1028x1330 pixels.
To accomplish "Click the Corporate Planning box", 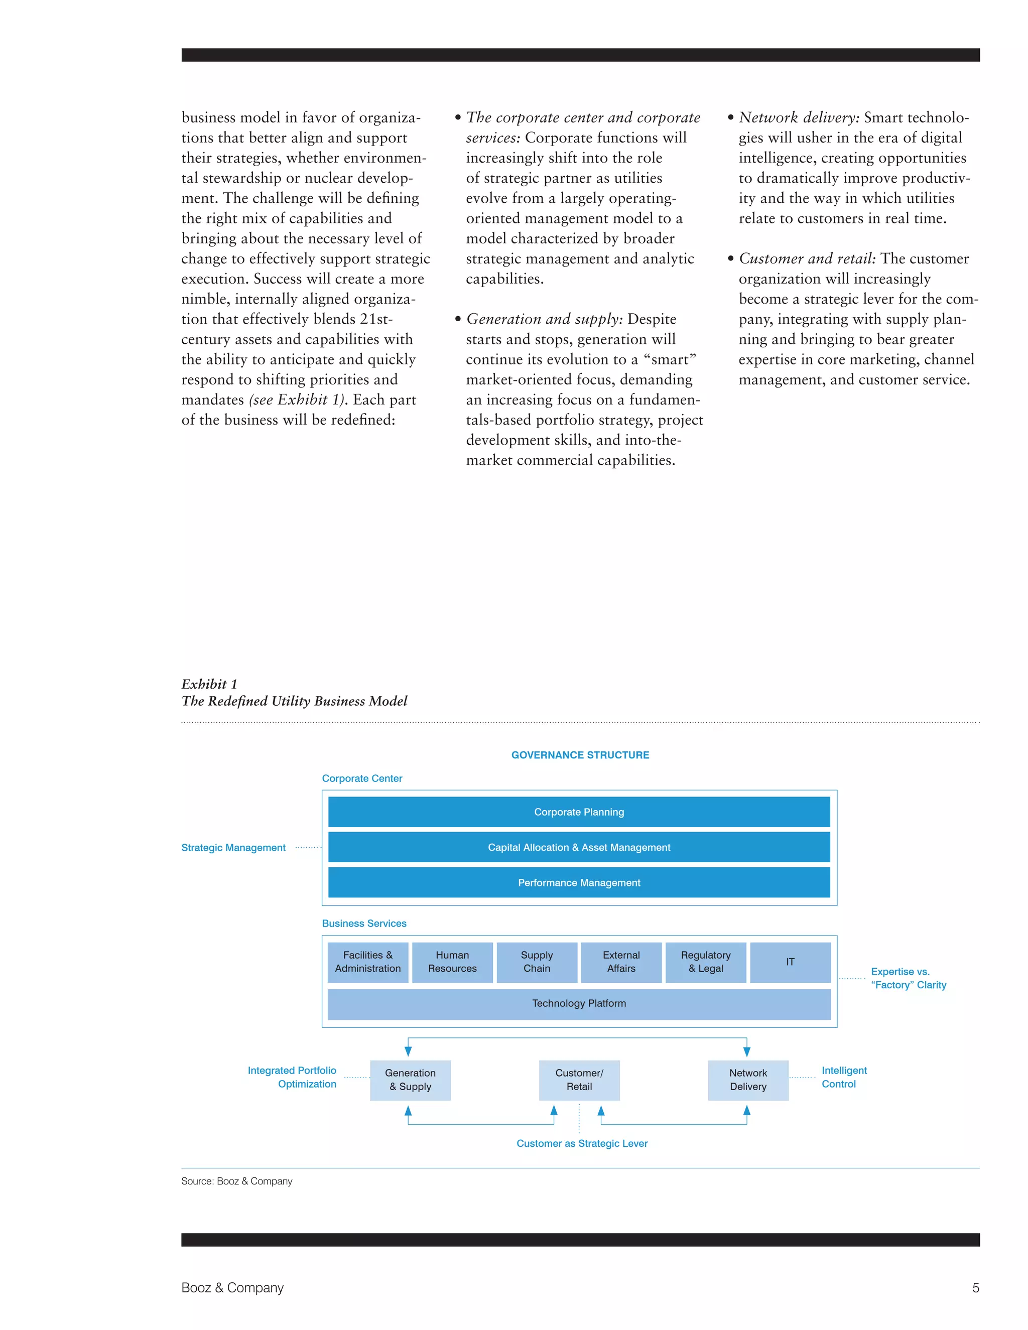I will pyautogui.click(x=579, y=812).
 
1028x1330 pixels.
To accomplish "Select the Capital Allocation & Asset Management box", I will pyautogui.click(x=579, y=847).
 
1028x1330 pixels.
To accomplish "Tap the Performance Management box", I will pyautogui.click(x=579, y=882).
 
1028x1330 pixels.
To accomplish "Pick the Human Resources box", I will pyautogui.click(x=452, y=962).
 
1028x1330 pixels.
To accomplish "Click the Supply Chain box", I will pyautogui.click(x=537, y=962).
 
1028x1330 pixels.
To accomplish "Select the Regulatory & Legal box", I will pyautogui.click(x=705, y=962).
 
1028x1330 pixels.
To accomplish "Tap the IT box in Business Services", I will pyautogui.click(x=790, y=962).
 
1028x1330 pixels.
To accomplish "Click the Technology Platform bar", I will pyautogui.click(x=579, y=1003).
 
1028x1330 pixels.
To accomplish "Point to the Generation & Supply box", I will pyautogui.click(x=410, y=1080).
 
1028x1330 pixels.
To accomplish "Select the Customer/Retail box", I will pyautogui.click(x=579, y=1080).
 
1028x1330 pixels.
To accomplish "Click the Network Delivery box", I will pyautogui.click(x=748, y=1080).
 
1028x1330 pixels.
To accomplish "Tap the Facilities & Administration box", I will pyautogui.click(x=367, y=962).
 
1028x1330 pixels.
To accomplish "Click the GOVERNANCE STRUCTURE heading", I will pyautogui.click(x=580, y=754).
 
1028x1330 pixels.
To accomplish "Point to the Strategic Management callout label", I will pyautogui.click(x=233, y=847).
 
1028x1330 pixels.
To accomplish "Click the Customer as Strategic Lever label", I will pyautogui.click(x=582, y=1143).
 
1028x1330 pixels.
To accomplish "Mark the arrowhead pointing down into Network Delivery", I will pyautogui.click(x=746, y=1051).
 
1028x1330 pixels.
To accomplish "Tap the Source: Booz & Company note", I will pyautogui.click(x=236, y=1181).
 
